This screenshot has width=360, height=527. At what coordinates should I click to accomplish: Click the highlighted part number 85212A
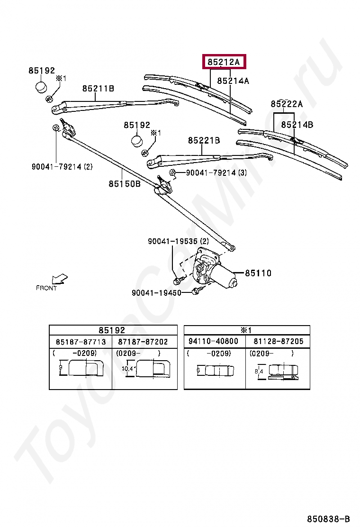[224, 62]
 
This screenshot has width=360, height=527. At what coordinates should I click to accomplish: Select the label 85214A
[233, 81]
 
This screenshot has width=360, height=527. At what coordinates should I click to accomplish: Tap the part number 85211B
[98, 89]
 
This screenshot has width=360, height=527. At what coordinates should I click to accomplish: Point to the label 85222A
[287, 104]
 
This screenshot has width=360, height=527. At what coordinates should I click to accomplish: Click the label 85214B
[297, 125]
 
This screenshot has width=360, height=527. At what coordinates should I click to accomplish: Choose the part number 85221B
[204, 140]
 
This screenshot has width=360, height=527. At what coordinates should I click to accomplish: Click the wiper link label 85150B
[125, 183]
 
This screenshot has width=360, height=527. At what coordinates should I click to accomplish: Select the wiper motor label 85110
[258, 273]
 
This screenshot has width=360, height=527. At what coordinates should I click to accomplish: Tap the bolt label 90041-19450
[156, 293]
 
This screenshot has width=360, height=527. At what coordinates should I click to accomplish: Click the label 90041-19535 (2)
[178, 241]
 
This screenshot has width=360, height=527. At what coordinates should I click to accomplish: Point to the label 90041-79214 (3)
[216, 173]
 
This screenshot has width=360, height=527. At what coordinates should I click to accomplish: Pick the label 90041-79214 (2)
[62, 166]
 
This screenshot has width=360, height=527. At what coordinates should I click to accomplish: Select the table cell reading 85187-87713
[81, 342]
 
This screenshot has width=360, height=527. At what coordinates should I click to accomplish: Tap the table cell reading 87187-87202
[143, 342]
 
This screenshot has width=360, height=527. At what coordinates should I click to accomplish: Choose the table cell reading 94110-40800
[213, 341]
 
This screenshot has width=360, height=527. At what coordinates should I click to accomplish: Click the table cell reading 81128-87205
[279, 341]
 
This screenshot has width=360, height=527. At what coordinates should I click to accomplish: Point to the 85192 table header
[112, 330]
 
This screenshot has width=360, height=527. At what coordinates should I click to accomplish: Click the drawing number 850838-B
[328, 518]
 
